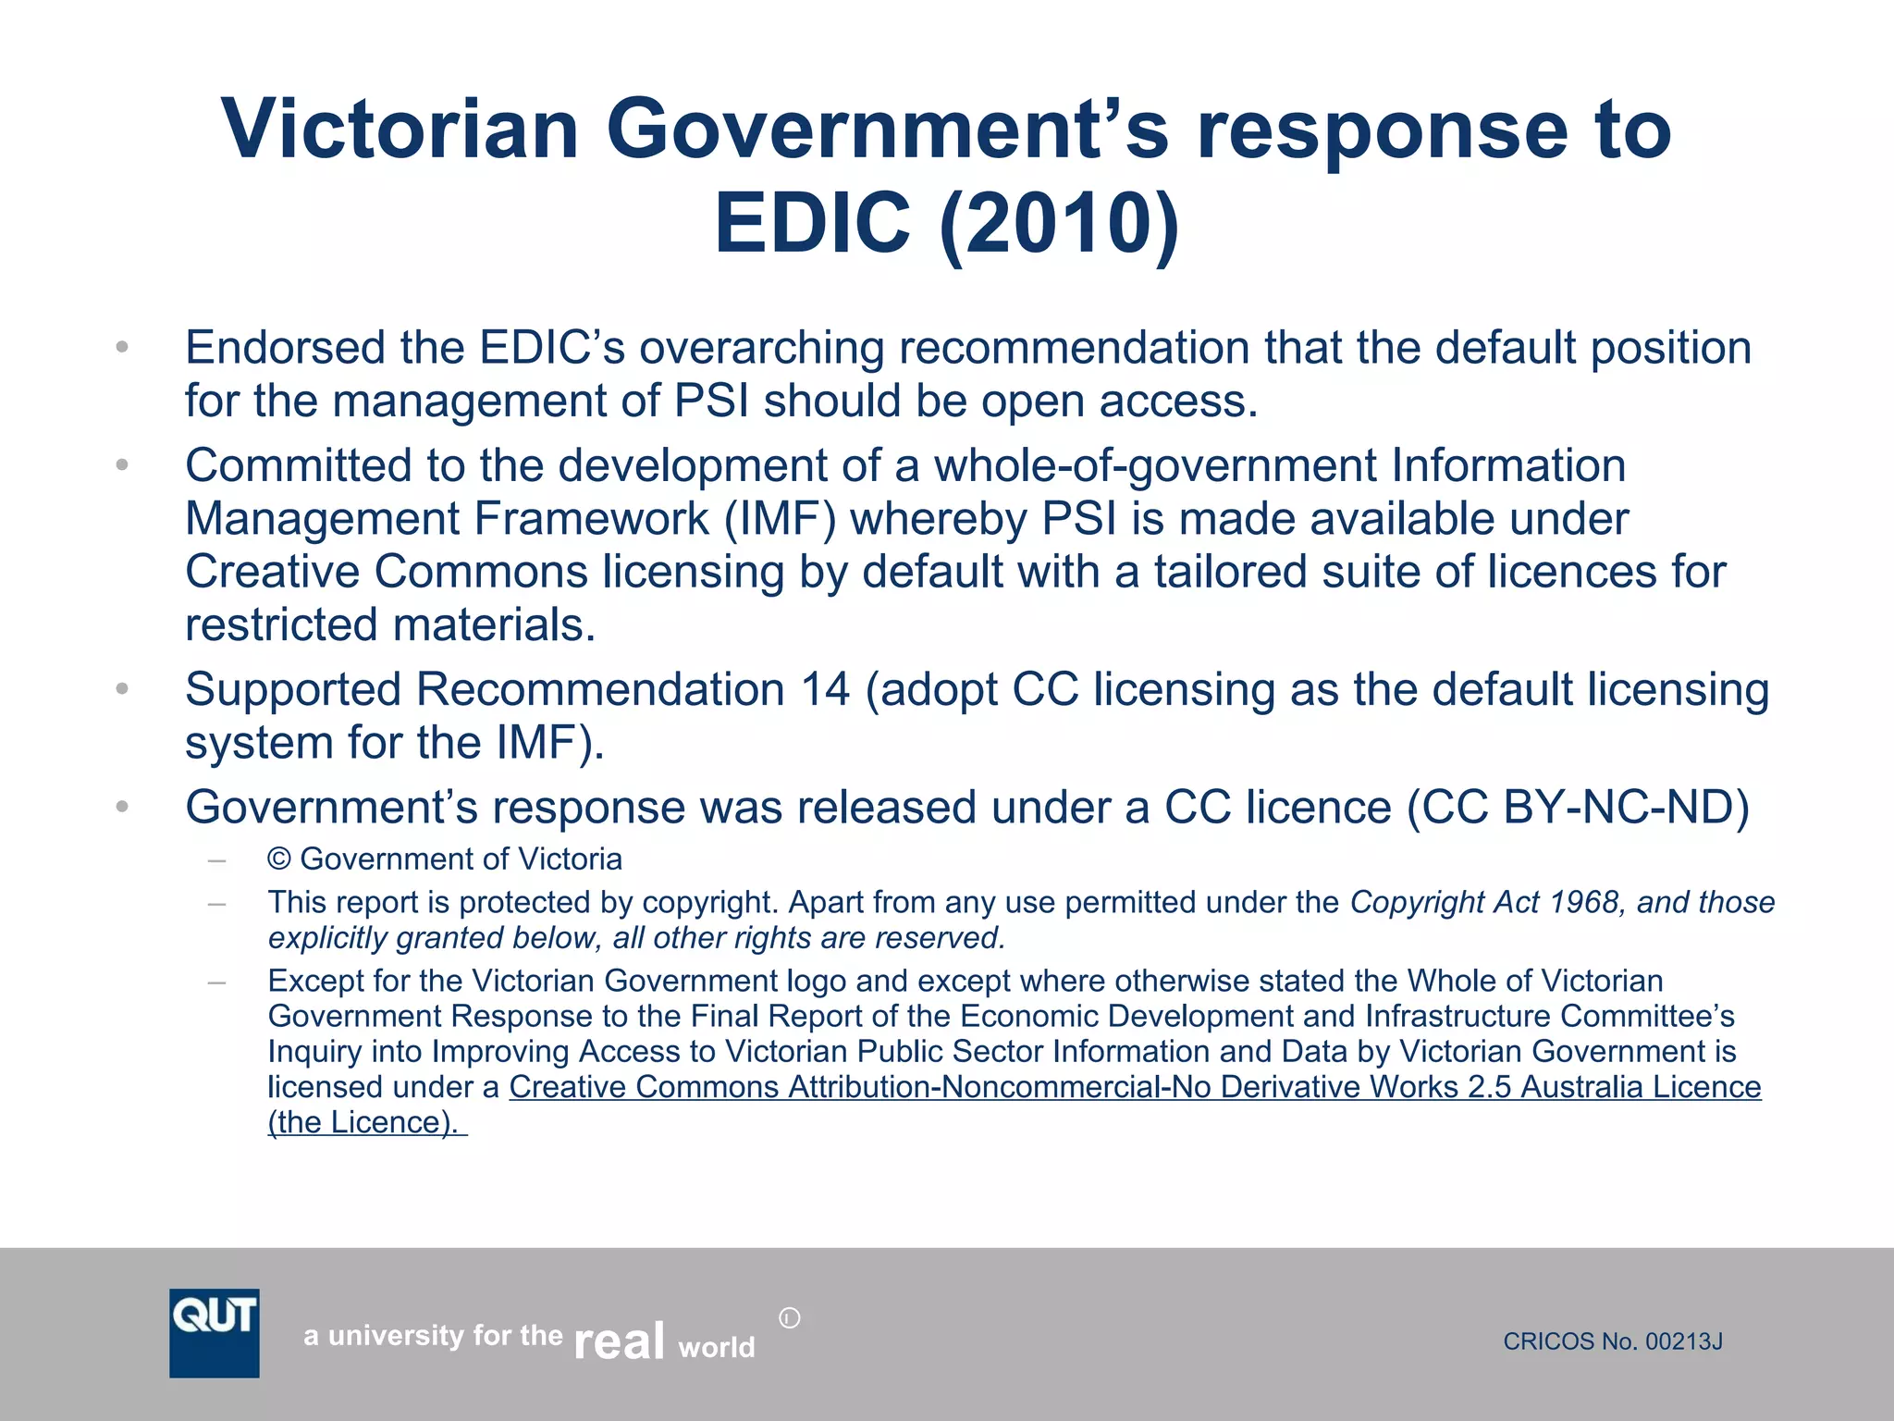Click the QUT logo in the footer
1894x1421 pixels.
click(214, 1332)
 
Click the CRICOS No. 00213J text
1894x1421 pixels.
click(1612, 1341)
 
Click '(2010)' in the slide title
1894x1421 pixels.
click(1058, 224)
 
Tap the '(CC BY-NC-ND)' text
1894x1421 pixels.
click(1578, 807)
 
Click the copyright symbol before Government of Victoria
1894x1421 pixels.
click(279, 859)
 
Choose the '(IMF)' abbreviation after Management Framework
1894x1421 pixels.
click(780, 518)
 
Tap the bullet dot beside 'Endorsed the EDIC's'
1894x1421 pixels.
click(121, 348)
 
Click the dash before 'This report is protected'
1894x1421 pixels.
click(217, 903)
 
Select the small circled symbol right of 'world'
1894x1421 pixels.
click(789, 1317)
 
